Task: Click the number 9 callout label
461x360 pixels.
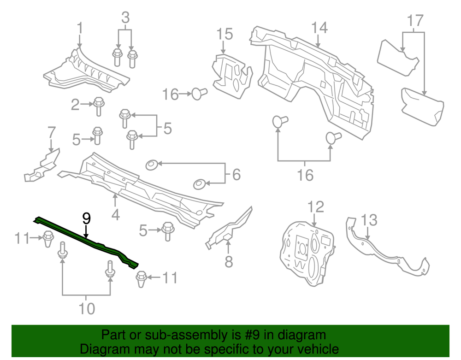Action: tap(86, 218)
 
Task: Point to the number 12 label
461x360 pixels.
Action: tap(316, 207)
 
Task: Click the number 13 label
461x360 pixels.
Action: tap(369, 220)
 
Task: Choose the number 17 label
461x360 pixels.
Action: tap(415, 21)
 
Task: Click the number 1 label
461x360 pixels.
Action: tap(80, 29)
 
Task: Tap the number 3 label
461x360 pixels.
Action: tap(125, 18)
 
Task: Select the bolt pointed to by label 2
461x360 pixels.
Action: tap(98, 106)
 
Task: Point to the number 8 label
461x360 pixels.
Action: tap(229, 262)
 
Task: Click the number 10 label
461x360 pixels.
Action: tap(86, 308)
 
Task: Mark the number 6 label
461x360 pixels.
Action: tap(236, 174)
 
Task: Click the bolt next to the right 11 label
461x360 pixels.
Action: tap(141, 278)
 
